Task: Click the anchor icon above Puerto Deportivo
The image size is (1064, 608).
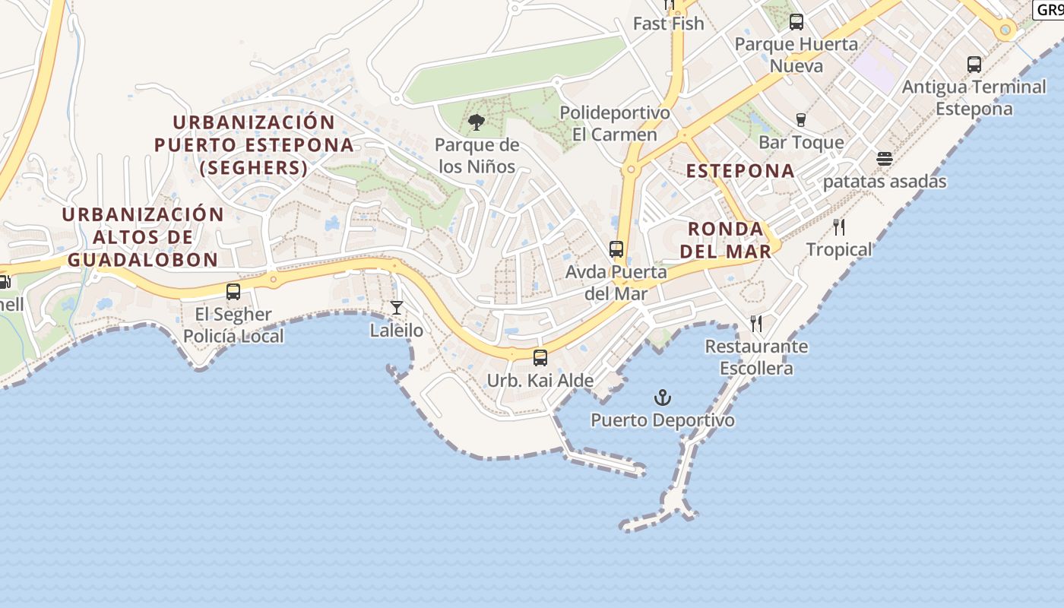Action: (x=663, y=397)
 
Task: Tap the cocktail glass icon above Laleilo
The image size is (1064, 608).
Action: (x=397, y=308)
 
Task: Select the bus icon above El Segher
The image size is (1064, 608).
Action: (x=233, y=291)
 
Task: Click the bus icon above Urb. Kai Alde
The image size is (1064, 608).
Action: (x=540, y=357)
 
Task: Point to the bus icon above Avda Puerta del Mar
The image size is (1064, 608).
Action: (x=616, y=249)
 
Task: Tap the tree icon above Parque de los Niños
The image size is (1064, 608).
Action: (x=477, y=122)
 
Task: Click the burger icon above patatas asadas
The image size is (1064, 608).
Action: (x=884, y=159)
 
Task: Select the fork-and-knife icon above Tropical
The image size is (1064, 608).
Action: (x=839, y=226)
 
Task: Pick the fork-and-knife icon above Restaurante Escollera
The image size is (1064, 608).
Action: (x=756, y=324)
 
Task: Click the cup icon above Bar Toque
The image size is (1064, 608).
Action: (x=800, y=119)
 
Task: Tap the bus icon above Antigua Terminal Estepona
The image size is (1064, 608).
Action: (x=974, y=65)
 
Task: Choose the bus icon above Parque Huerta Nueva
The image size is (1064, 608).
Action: (x=796, y=22)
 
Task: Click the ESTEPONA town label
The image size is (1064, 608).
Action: (x=740, y=171)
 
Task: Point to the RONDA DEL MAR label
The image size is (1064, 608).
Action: (x=725, y=239)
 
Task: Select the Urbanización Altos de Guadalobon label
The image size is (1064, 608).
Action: (x=143, y=236)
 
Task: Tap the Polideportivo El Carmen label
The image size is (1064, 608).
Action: (x=615, y=124)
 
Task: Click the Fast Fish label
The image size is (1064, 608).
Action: (x=669, y=24)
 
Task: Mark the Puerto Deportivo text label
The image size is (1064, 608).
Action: (x=663, y=420)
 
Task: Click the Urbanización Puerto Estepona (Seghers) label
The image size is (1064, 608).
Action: (x=254, y=144)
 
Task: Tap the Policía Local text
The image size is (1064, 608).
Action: (x=233, y=336)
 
